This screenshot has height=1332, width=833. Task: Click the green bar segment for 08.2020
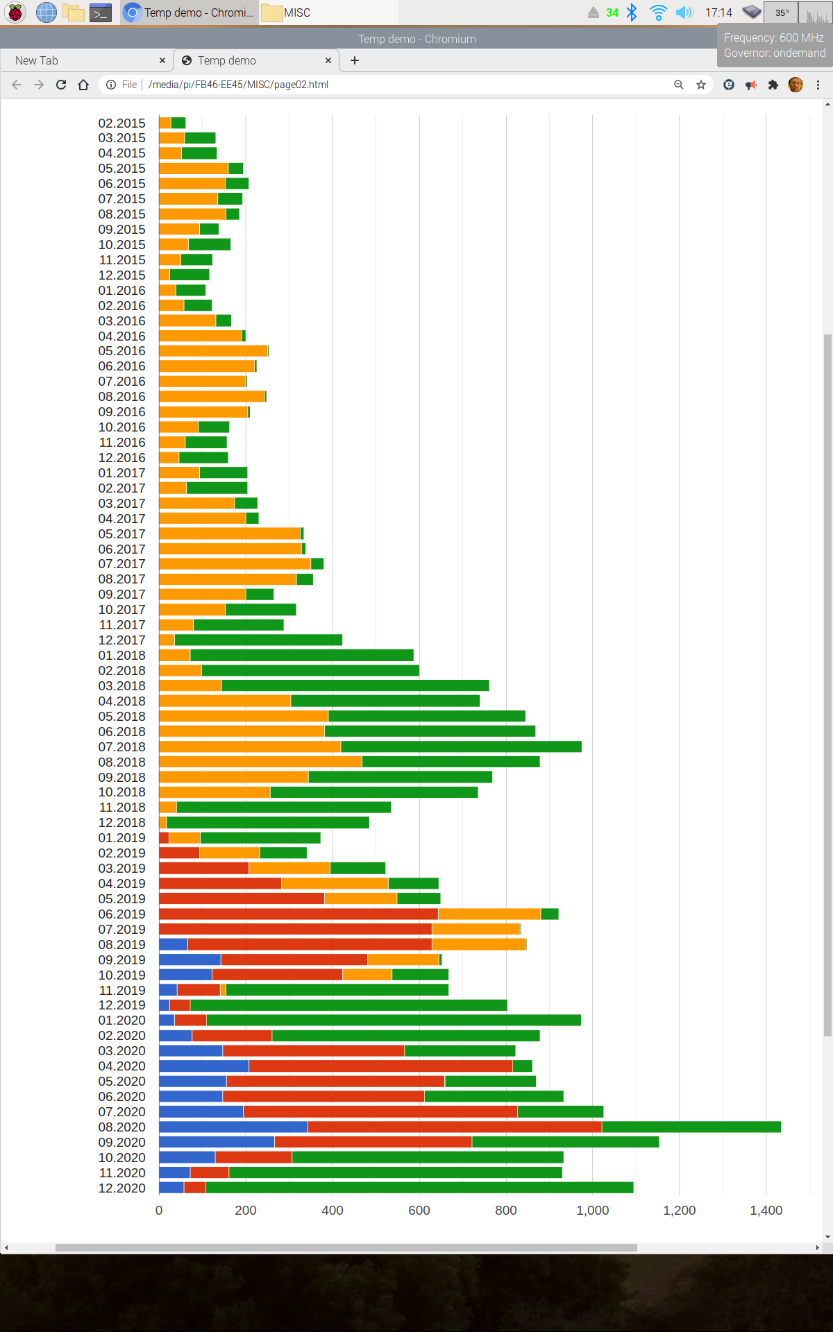coord(691,1127)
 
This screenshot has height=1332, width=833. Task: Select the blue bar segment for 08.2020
coord(233,1127)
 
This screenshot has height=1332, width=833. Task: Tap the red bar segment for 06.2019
coord(298,914)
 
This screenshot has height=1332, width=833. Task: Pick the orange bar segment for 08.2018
coord(260,762)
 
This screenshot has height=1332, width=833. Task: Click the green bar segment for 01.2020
coord(394,1020)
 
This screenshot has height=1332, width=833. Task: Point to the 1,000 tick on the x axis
coord(592,1210)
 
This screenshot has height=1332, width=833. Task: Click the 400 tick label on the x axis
coord(332,1210)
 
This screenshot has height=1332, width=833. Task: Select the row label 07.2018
coord(122,746)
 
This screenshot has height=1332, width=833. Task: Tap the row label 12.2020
coord(122,1188)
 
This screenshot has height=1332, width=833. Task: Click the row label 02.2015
coord(122,123)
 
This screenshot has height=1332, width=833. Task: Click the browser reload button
coord(61,85)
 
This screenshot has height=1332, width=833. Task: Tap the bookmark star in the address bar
coord(701,85)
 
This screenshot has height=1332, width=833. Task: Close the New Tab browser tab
coord(162,60)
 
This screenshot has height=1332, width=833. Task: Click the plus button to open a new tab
coord(355,60)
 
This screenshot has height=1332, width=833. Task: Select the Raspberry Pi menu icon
coord(15,12)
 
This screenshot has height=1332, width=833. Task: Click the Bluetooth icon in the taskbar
coord(632,12)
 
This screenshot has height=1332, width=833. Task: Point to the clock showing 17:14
coord(718,12)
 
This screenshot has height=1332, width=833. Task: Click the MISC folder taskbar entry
coord(287,12)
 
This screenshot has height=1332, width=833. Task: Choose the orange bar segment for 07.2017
coord(235,563)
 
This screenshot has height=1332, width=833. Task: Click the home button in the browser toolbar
coord(83,85)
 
